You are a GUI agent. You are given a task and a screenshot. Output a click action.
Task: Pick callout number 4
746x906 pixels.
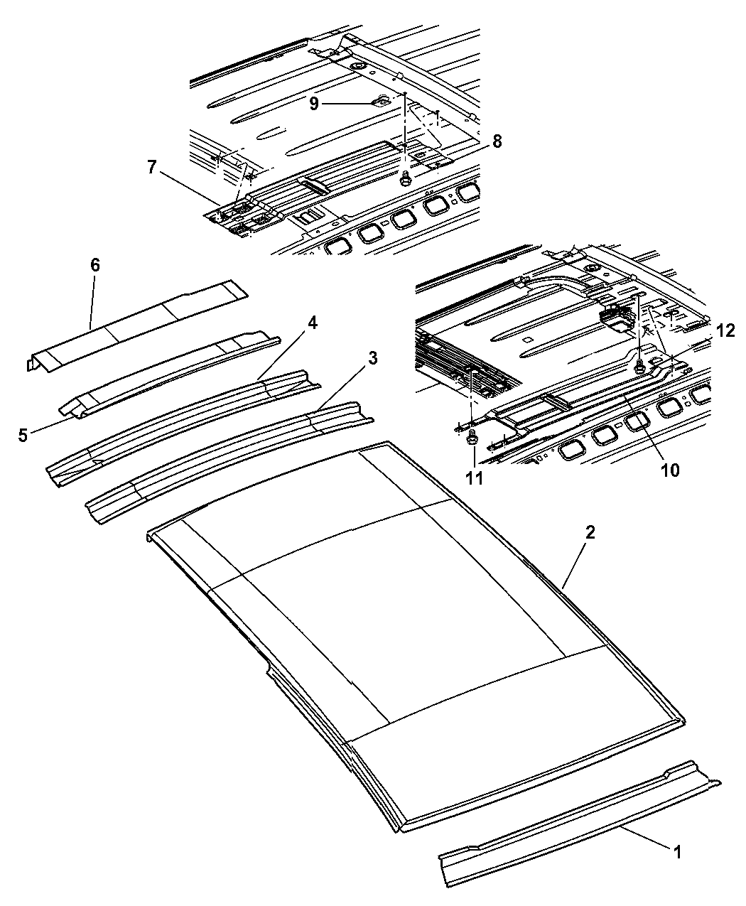[x=312, y=323]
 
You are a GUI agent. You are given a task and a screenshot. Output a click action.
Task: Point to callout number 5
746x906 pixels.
[x=24, y=435]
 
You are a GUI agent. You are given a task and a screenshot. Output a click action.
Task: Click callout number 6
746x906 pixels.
[x=94, y=266]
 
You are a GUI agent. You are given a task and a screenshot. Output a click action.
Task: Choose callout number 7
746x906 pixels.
[x=151, y=168]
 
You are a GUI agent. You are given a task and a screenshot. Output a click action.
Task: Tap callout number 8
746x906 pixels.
[x=496, y=141]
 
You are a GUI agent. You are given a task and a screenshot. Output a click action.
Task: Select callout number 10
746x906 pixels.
[x=669, y=469]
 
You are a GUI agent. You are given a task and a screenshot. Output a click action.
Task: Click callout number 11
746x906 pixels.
[x=474, y=478]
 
